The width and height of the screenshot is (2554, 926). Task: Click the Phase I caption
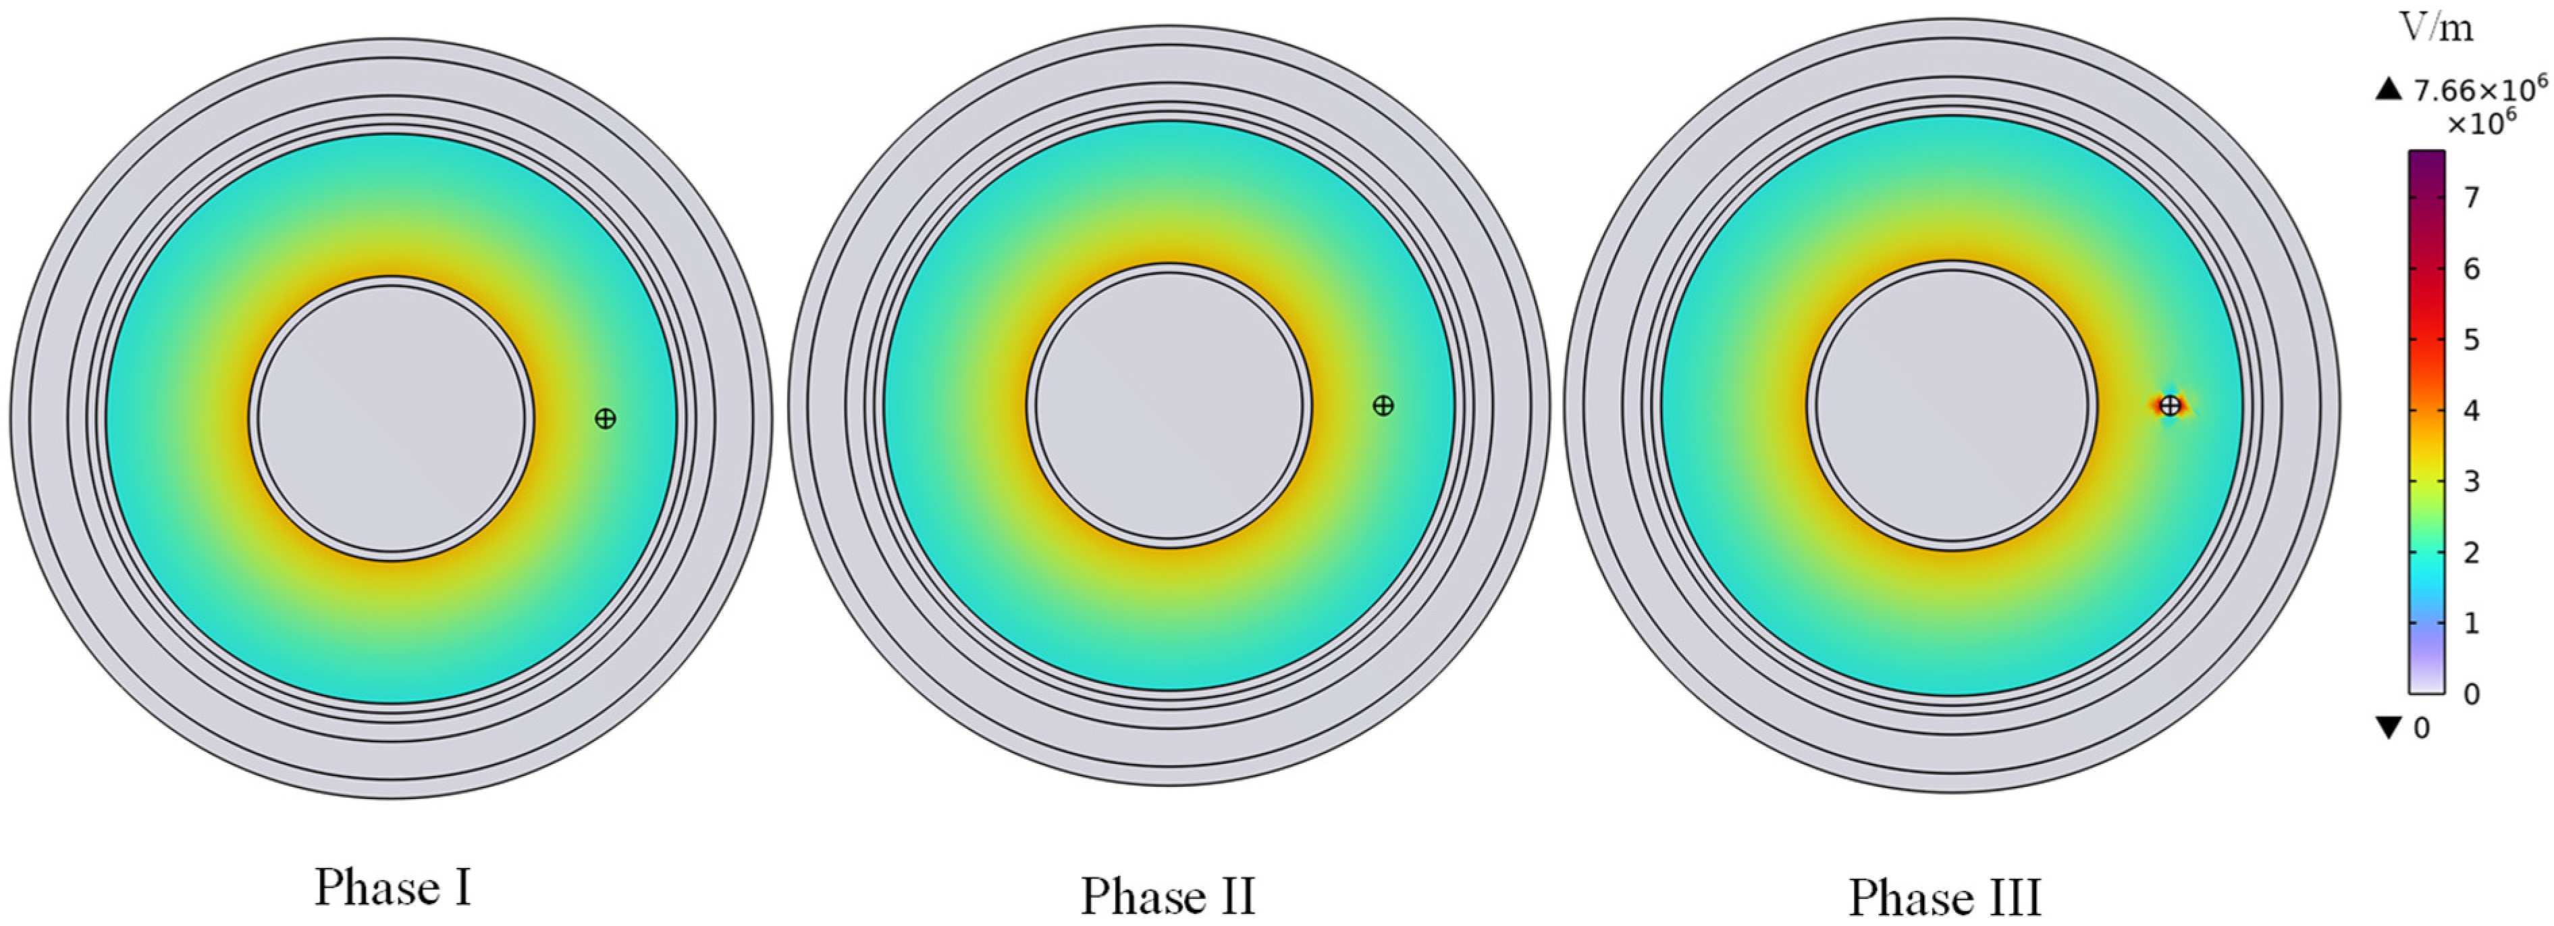pos(393,888)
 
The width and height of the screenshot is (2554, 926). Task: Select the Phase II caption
pos(1168,896)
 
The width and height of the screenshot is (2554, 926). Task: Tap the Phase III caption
pos(1945,898)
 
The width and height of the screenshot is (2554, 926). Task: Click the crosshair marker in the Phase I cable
pos(605,418)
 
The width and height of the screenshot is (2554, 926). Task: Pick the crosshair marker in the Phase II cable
pos(1383,405)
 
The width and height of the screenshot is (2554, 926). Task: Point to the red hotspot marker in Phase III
pos(2171,405)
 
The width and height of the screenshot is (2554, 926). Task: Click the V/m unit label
pos(2436,28)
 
